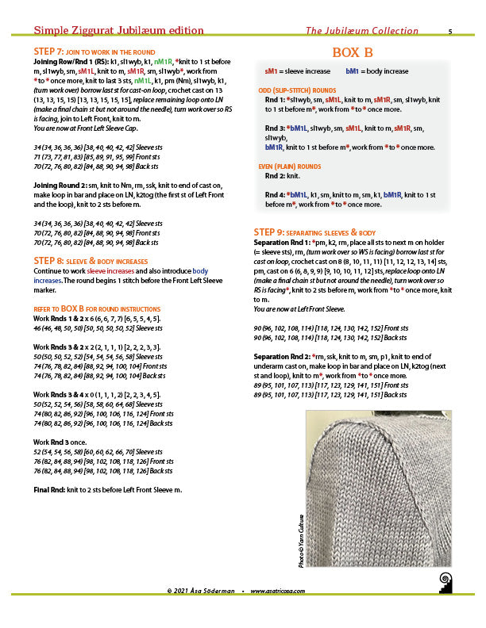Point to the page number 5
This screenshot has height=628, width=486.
pyautogui.click(x=450, y=32)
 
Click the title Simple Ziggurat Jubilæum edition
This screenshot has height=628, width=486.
pyautogui.click(x=118, y=31)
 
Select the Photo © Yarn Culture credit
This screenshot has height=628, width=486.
pyautogui.click(x=302, y=546)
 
